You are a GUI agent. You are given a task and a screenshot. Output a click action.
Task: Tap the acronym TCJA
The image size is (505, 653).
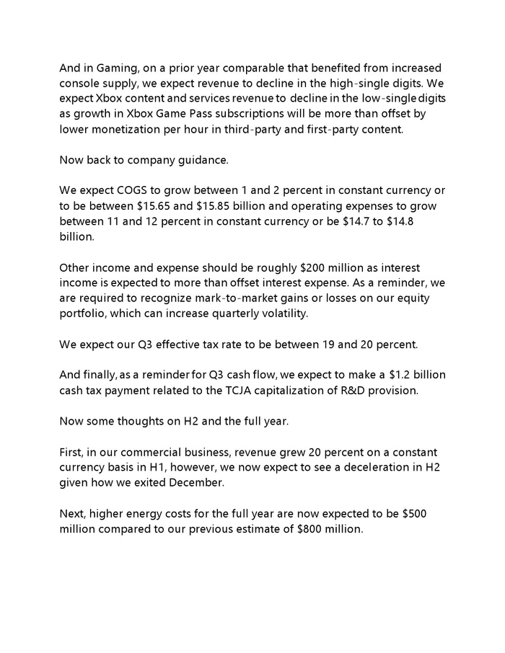241,390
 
